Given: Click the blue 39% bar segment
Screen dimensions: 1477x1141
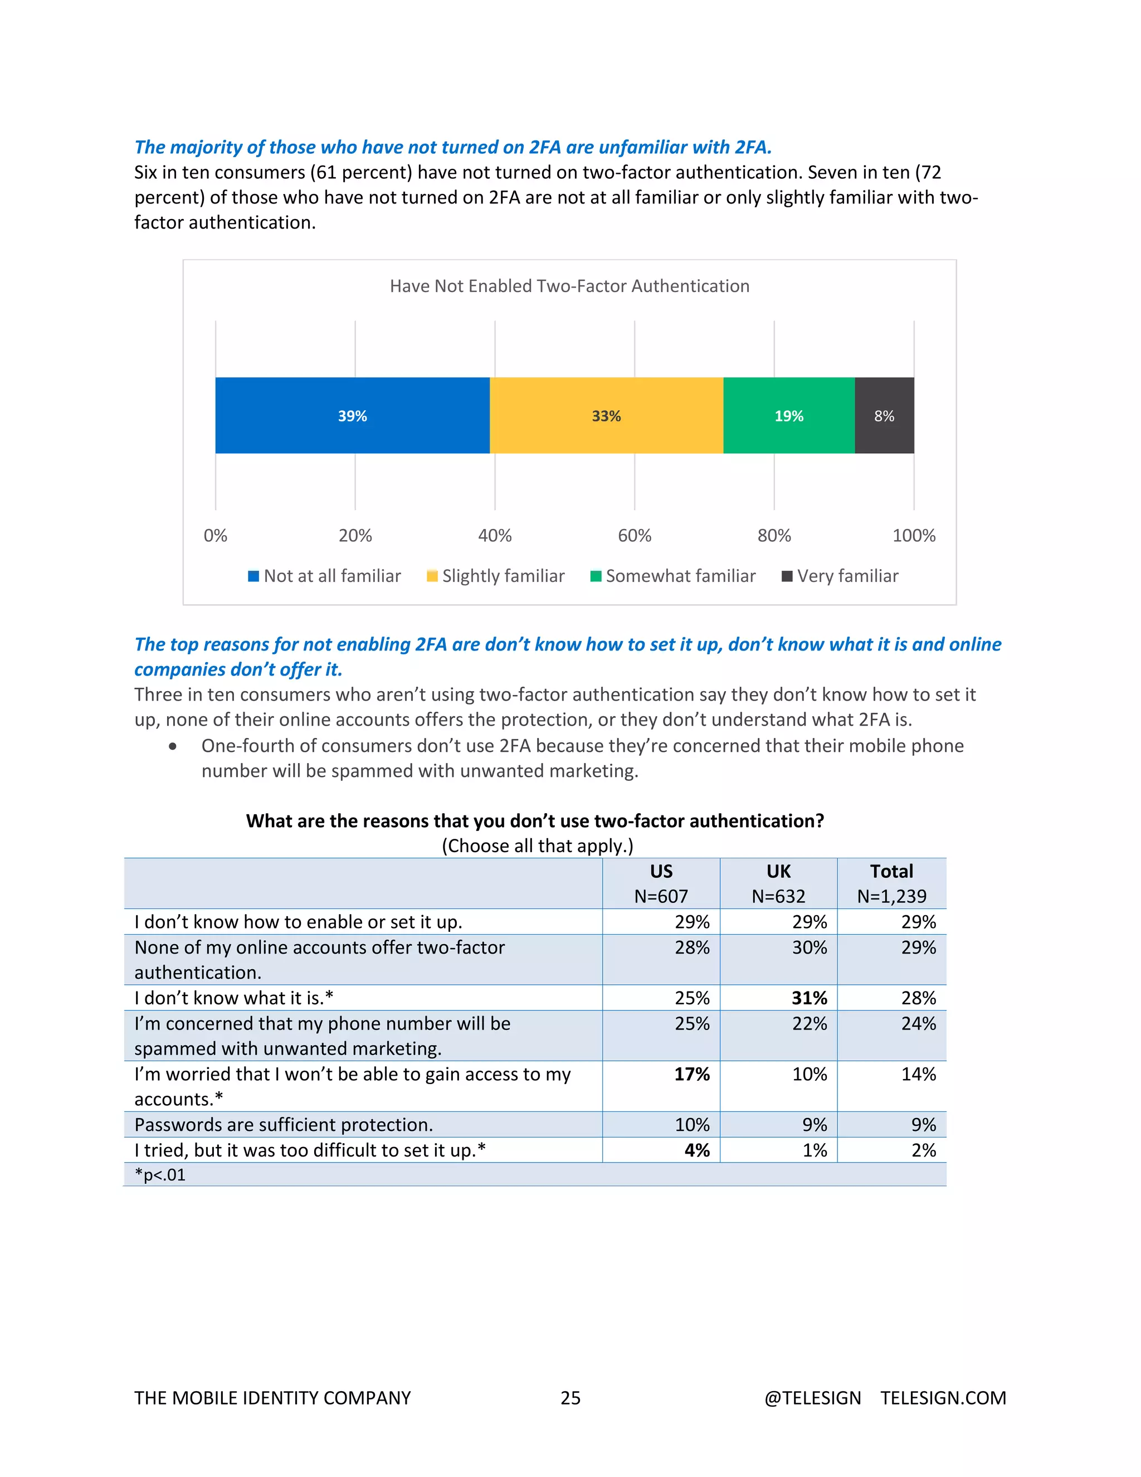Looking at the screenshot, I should click(352, 415).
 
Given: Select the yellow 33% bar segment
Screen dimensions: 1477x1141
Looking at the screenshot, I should click(606, 415).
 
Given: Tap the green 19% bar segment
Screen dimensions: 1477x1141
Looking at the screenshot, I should click(789, 415).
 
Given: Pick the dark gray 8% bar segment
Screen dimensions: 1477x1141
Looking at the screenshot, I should click(884, 415).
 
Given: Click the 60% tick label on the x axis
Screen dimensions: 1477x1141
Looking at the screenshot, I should click(634, 536).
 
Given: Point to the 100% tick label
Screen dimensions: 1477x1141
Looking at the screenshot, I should click(913, 536).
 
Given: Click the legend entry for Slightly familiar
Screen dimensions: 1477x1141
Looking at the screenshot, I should click(496, 576).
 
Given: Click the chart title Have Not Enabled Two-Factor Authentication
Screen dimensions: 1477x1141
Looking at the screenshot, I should click(569, 286).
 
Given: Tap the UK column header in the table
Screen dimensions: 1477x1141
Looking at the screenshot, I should click(778, 871).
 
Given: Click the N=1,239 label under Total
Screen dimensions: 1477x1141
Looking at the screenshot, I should click(891, 896).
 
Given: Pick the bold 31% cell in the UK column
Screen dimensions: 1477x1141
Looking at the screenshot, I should click(809, 998).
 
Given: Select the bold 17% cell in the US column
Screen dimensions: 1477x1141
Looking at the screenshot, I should click(691, 1074).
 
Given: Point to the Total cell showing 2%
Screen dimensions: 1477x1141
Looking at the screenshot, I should click(923, 1150).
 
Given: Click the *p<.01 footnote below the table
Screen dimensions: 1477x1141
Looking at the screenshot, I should click(160, 1175).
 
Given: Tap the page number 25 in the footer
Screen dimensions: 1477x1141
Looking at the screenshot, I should click(570, 1398).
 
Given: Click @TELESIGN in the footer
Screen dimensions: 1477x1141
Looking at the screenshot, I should click(812, 1398).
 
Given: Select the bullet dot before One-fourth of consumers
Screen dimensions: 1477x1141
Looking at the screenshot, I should click(173, 747).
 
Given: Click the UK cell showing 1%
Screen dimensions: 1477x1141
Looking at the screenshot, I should click(815, 1150).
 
